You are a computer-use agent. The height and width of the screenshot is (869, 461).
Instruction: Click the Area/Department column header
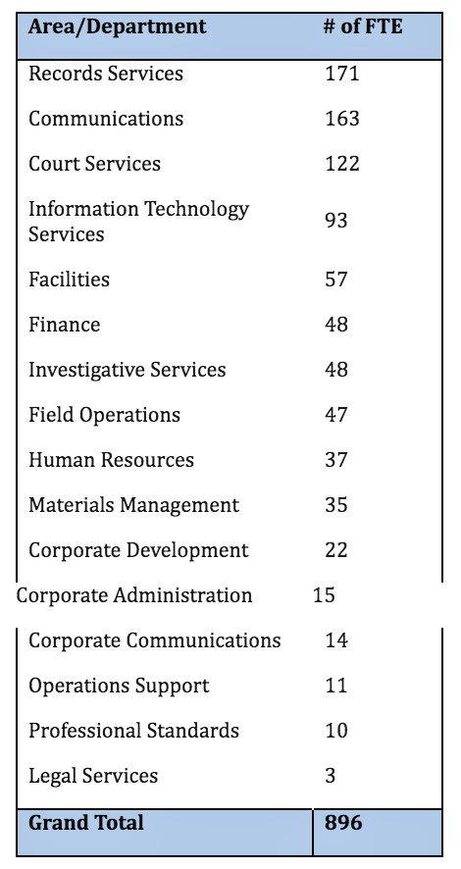pos(117,27)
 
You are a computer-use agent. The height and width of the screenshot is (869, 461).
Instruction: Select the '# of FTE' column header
pos(363,26)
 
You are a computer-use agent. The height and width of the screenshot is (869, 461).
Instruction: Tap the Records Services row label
pos(105,74)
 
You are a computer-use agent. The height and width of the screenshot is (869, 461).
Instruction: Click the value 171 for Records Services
pos(342,74)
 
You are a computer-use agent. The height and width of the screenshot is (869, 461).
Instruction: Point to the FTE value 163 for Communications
pos(342,119)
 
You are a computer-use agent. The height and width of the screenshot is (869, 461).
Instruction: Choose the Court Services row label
pos(94,164)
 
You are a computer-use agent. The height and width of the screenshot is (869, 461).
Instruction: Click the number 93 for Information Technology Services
pos(336,221)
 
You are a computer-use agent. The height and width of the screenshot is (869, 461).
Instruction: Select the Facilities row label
pos(69,279)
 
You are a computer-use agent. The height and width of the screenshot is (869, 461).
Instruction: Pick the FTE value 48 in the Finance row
pos(336,325)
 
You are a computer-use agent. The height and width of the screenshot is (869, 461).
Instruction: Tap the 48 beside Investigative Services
pos(336,370)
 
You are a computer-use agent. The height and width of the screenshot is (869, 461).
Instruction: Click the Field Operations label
pos(104,415)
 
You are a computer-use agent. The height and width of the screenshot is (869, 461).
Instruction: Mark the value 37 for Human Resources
pos(336,460)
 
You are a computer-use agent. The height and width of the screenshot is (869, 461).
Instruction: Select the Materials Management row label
pos(133,505)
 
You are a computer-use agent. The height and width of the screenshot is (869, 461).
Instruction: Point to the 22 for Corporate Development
pos(336,550)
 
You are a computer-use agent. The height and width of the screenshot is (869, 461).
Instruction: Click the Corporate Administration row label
pos(134,595)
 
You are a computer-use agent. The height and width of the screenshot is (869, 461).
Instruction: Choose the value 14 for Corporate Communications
pos(336,640)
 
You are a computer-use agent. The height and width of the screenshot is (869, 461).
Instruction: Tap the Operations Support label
pos(119,687)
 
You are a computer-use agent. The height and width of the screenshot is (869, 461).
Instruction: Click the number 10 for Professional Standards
pos(336,731)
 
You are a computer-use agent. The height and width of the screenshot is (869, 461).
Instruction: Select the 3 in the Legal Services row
pos(331,776)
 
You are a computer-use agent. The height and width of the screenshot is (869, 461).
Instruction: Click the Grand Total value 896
pos(343,823)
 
